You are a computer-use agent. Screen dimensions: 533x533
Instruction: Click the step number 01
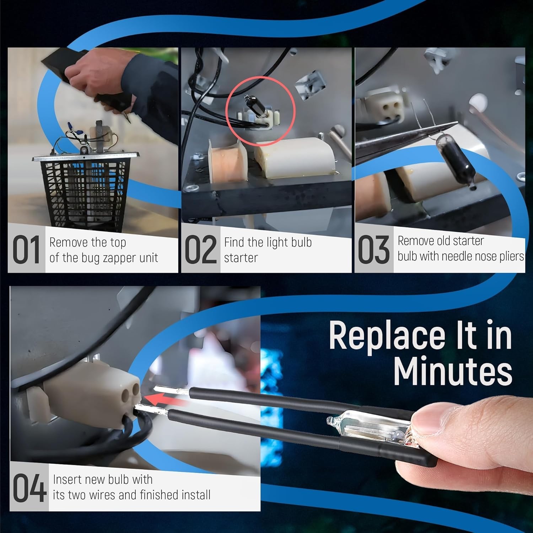tap(26, 250)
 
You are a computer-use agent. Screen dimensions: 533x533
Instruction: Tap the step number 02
tap(201, 250)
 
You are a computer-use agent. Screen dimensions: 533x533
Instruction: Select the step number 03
tap(373, 250)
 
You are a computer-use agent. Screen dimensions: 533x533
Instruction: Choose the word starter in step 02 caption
tap(241, 258)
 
